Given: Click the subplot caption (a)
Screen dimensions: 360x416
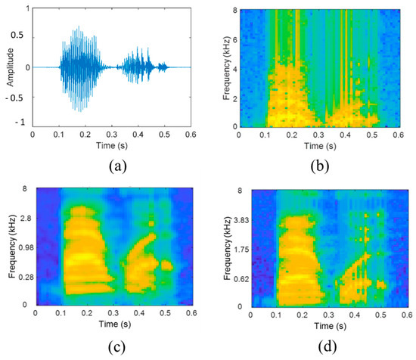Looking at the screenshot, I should click(106, 160).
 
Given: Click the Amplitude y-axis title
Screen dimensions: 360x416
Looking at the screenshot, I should click(7, 67).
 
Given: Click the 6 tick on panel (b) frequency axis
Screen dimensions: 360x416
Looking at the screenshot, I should click(234, 39).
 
